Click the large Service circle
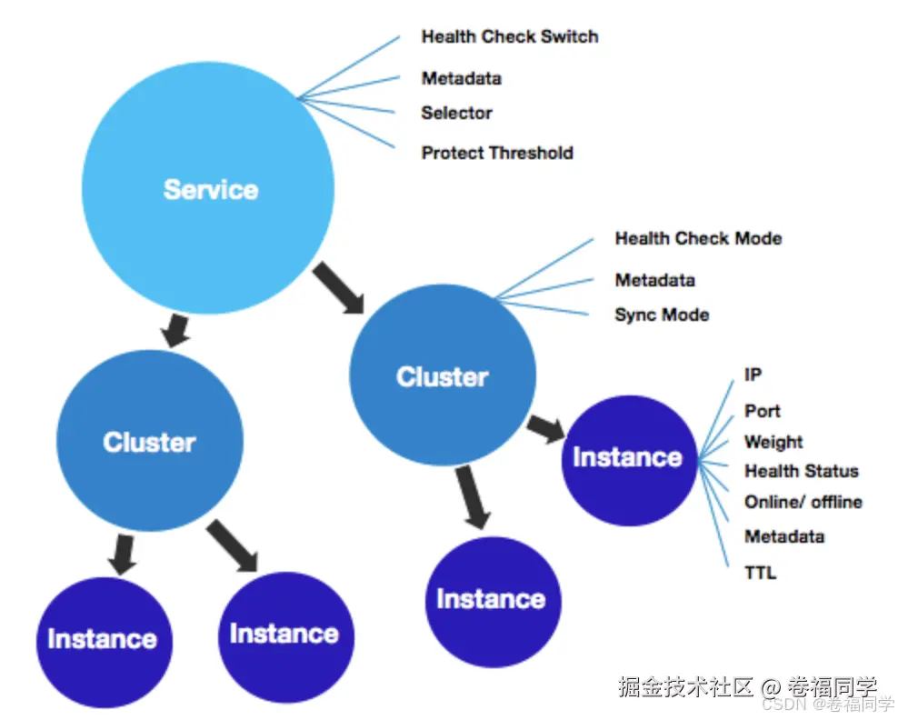pyautogui.click(x=208, y=189)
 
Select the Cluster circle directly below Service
pyautogui.click(x=150, y=442)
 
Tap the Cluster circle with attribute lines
pyautogui.click(x=443, y=377)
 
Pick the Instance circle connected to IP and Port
pyautogui.click(x=628, y=457)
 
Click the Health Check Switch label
pyautogui.click(x=510, y=37)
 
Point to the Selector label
pyautogui.click(x=456, y=114)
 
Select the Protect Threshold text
pyautogui.click(x=497, y=153)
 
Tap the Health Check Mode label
pyautogui.click(x=698, y=238)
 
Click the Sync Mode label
pyautogui.click(x=662, y=315)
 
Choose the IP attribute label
pyautogui.click(x=753, y=375)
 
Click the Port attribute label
pyautogui.click(x=763, y=411)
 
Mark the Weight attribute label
pyautogui.click(x=773, y=442)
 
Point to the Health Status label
pyautogui.click(x=801, y=471)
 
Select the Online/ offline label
pyautogui.click(x=803, y=502)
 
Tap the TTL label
pyautogui.click(x=761, y=573)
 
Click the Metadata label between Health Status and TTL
pyautogui.click(x=784, y=536)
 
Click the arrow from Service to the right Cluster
pyautogui.click(x=339, y=287)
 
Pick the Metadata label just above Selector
pyautogui.click(x=461, y=78)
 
